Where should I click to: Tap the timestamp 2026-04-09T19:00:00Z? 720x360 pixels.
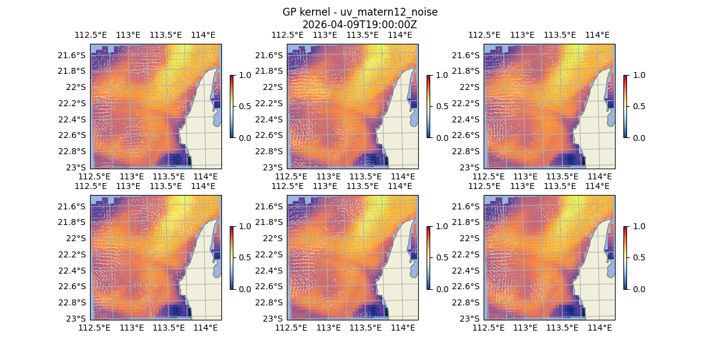(x=359, y=25)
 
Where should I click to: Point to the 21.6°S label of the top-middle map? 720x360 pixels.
(x=269, y=55)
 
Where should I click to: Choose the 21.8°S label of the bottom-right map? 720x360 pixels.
(x=466, y=222)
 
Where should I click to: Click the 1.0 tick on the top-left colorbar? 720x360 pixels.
(x=244, y=75)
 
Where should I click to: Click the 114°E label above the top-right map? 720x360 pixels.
(x=597, y=35)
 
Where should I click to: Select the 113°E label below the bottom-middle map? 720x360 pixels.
(x=329, y=328)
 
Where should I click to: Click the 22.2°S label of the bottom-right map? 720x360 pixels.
(x=466, y=254)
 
